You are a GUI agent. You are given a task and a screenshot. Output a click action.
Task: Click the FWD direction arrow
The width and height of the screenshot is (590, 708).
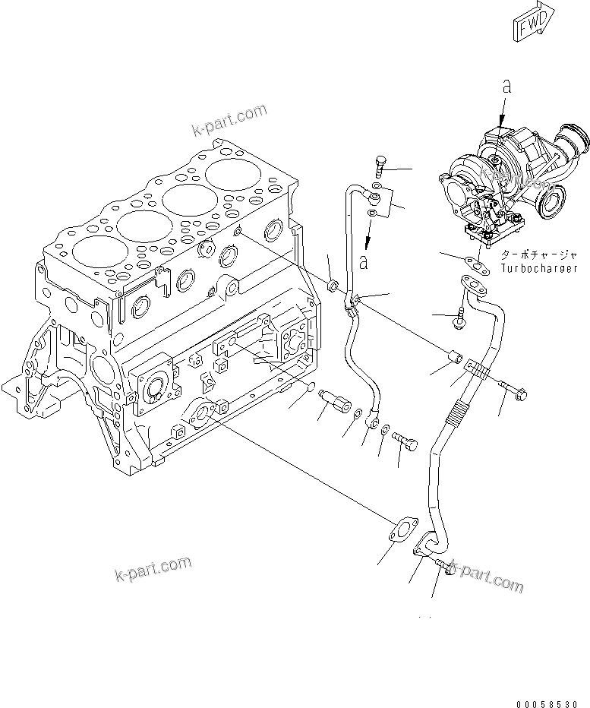[533, 27]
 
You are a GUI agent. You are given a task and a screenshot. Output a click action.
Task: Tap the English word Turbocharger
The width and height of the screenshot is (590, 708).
[539, 268]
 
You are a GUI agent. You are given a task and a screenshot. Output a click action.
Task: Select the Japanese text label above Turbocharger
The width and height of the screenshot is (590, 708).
[538, 256]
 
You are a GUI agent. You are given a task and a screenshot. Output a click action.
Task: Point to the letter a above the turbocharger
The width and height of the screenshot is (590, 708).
[507, 87]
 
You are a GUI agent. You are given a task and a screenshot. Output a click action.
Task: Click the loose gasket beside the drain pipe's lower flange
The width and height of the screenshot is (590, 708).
[400, 531]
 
